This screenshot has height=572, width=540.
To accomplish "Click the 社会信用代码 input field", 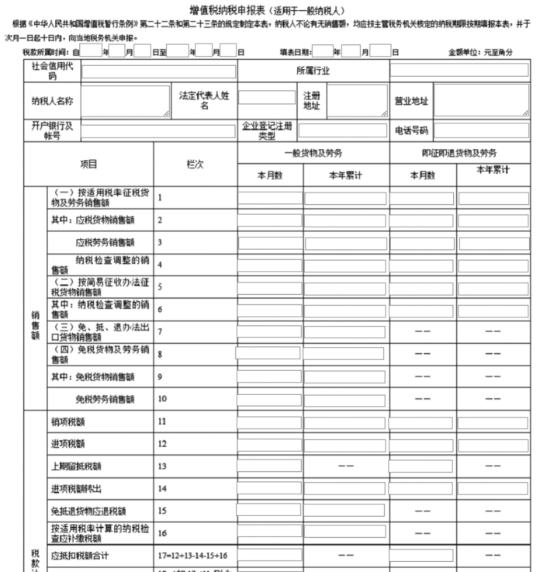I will (158, 71).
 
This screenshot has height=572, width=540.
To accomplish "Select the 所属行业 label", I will (313, 71).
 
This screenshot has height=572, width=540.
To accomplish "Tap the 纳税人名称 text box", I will (125, 101).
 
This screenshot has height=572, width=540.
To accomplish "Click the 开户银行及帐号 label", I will (52, 130).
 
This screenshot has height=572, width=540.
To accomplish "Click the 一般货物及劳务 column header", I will (313, 153).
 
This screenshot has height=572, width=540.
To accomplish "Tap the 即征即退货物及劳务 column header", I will (459, 153).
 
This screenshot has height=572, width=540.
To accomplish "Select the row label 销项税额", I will (67, 421).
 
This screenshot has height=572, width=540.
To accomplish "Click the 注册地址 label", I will (311, 101).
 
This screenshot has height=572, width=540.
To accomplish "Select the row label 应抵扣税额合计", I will (83, 556).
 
